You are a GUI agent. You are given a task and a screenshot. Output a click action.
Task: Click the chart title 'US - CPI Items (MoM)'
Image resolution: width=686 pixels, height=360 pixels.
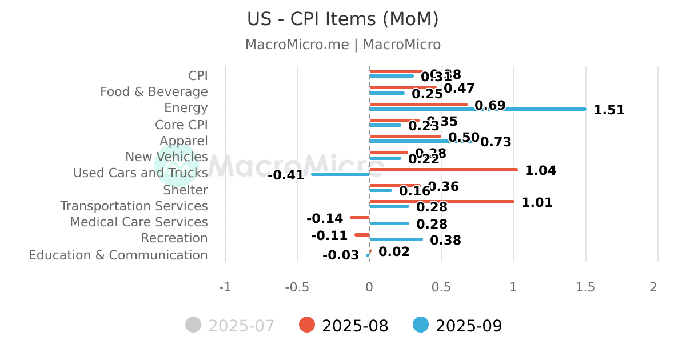pos(343,19)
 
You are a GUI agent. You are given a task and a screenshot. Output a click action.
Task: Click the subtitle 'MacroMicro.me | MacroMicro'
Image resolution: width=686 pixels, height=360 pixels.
pos(343,45)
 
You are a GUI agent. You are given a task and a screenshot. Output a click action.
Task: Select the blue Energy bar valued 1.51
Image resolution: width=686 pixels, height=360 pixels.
pos(477,109)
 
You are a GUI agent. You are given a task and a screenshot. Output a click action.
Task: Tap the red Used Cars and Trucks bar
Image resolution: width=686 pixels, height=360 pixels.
pos(444,170)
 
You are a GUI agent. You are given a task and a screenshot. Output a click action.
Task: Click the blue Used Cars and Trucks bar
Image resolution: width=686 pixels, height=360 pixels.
pos(341,174)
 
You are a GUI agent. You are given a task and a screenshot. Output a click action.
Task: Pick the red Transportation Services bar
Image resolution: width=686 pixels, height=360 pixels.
pos(442,202)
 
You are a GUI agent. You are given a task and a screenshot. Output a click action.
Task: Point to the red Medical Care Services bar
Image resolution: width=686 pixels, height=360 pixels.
pos(360,218)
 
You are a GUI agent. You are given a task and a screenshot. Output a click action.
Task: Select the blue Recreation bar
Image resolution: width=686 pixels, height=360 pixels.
pos(396,239)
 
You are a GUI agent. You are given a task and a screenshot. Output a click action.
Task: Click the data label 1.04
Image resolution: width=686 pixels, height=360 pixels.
pos(540,170)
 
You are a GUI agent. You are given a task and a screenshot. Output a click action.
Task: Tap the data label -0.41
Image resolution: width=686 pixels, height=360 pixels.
pos(286,175)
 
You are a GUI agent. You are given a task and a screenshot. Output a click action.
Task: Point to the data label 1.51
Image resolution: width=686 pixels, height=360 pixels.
pos(609,110)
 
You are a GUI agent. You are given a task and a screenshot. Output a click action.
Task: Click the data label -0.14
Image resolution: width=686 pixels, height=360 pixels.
pos(325,219)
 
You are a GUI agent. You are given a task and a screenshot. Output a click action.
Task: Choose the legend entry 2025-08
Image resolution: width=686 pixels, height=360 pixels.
pos(344,326)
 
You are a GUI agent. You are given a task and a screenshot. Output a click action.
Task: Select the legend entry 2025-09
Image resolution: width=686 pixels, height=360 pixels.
pos(457,326)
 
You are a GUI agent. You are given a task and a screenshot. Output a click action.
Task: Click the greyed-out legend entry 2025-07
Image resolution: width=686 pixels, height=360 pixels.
pos(230,326)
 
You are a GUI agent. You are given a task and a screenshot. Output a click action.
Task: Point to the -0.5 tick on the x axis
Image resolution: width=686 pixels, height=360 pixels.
pos(297,287)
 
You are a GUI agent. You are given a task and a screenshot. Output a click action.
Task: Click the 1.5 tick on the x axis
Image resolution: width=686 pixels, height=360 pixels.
pos(585,287)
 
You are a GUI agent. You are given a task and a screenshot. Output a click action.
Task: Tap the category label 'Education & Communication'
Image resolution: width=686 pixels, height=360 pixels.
pos(118,255)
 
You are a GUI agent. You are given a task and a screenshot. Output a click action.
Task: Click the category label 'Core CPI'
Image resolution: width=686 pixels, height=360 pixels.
pos(181,125)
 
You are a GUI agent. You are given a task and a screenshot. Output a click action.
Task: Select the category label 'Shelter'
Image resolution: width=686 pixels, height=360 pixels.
pos(185,190)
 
